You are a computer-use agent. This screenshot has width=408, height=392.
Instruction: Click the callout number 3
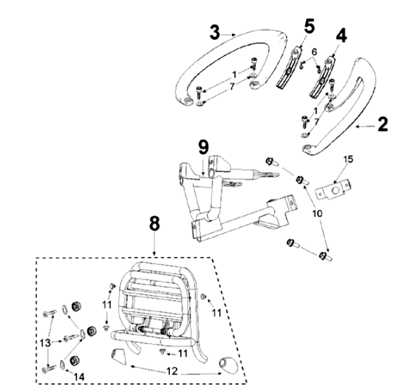pyautogui.click(x=214, y=32)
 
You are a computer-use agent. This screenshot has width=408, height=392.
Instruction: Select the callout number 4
pyautogui.click(x=342, y=36)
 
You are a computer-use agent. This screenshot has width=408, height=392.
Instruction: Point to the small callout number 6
pyautogui.click(x=314, y=52)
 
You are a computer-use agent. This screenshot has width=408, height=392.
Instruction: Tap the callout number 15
pyautogui.click(x=349, y=159)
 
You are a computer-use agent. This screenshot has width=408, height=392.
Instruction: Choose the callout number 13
pyautogui.click(x=45, y=343)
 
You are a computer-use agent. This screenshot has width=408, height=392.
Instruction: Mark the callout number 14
pyautogui.click(x=80, y=376)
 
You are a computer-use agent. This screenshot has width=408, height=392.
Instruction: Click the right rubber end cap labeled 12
pyautogui.click(x=227, y=368)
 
